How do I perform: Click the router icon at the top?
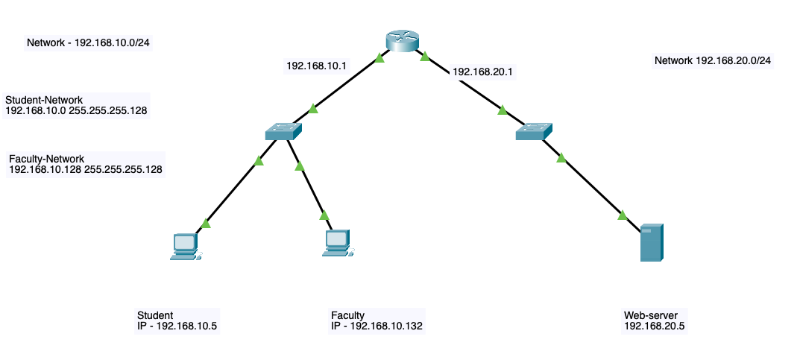click(403, 42)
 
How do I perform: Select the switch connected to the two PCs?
click(283, 133)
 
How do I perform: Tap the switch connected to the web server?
click(534, 132)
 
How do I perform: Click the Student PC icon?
click(185, 246)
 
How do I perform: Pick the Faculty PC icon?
click(337, 243)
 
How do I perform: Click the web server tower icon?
click(652, 242)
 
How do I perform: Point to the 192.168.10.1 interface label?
click(317, 66)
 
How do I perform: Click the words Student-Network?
click(44, 100)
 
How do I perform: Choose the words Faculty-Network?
click(45, 159)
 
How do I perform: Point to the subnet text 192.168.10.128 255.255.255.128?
click(86, 170)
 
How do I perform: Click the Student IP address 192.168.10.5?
click(185, 326)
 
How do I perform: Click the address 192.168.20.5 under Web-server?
click(654, 326)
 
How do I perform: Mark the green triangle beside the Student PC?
click(207, 222)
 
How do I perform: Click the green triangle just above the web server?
click(623, 215)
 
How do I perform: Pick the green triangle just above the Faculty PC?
click(324, 215)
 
